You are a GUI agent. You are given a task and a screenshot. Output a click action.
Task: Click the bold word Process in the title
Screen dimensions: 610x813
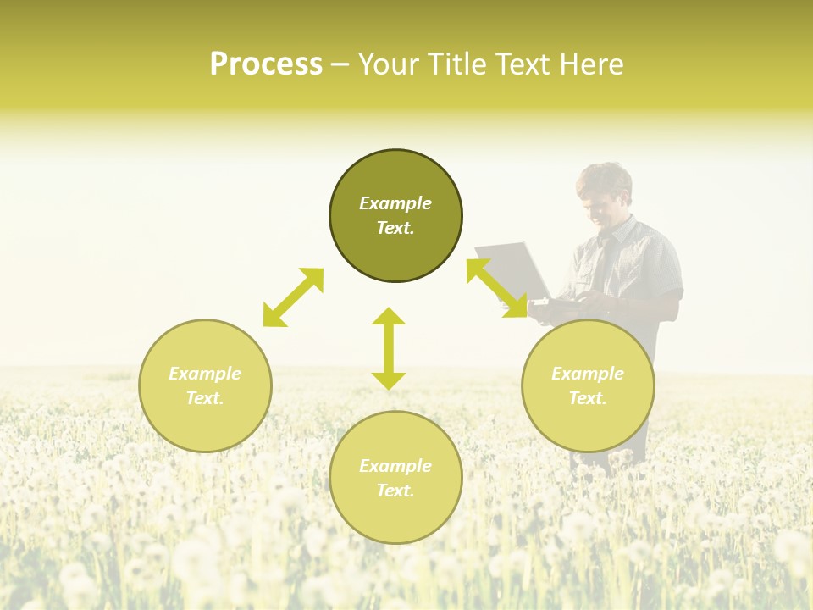tap(266, 64)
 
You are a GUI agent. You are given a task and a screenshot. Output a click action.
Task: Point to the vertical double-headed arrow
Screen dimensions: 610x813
tap(389, 348)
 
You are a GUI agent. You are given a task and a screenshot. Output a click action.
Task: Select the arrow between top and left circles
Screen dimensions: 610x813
tap(293, 297)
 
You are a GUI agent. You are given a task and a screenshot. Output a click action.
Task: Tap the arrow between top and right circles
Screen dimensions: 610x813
tap(496, 288)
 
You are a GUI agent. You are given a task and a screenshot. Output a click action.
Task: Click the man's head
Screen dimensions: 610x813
tap(604, 193)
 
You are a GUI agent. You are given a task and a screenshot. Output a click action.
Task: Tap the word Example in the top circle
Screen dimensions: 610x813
tap(395, 203)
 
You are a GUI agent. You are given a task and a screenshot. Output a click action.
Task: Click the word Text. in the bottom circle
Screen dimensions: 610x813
tap(395, 491)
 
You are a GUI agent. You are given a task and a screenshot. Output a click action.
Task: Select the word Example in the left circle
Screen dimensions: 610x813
tap(205, 374)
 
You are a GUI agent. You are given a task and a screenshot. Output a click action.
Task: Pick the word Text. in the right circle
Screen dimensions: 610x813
tap(588, 398)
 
